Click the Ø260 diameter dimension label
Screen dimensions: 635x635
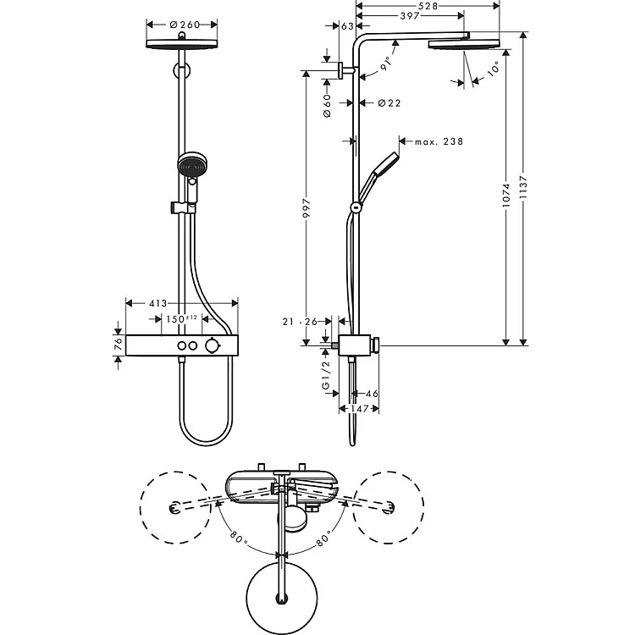pyautogui.click(x=182, y=25)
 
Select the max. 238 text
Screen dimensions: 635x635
pyautogui.click(x=439, y=141)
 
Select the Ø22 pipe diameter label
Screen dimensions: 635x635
pyautogui.click(x=389, y=103)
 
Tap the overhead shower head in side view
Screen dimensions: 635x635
pyautogui.click(x=464, y=44)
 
